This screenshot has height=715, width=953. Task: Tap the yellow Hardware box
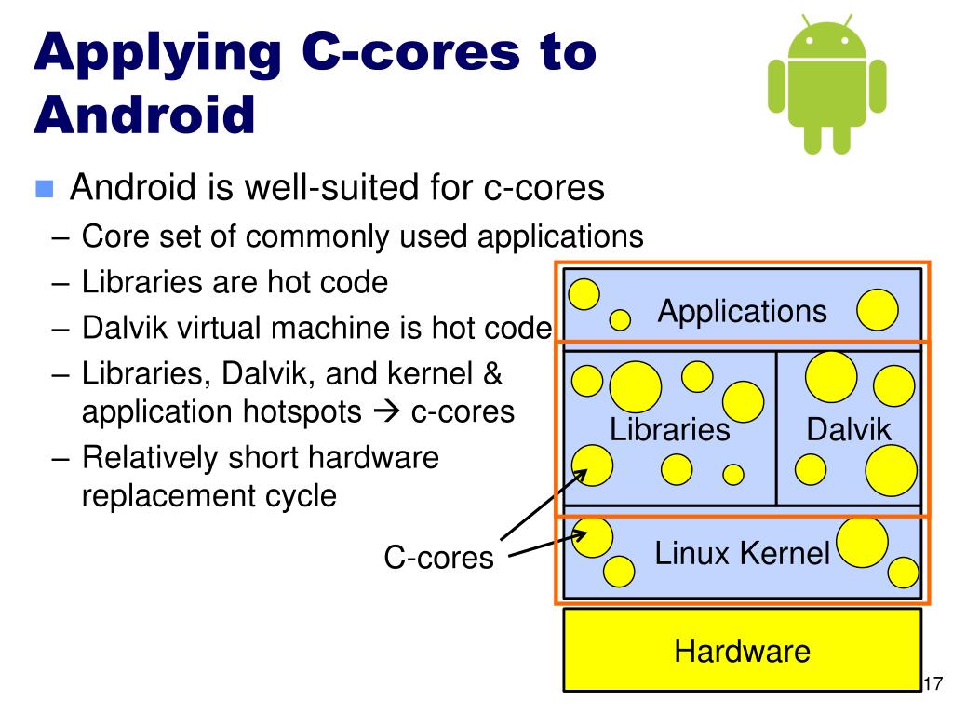(x=742, y=650)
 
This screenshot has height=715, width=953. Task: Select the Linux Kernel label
(x=742, y=554)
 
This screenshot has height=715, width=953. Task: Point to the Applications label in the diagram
(x=742, y=311)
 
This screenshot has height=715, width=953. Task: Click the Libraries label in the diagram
(x=669, y=429)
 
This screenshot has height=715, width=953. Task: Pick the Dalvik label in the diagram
(x=849, y=429)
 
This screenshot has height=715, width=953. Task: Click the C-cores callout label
(x=439, y=558)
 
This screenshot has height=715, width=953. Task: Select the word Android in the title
(x=144, y=115)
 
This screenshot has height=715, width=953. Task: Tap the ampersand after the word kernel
(x=491, y=374)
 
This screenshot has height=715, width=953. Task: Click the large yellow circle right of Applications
(x=877, y=310)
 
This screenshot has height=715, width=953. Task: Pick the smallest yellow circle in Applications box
(x=620, y=320)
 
